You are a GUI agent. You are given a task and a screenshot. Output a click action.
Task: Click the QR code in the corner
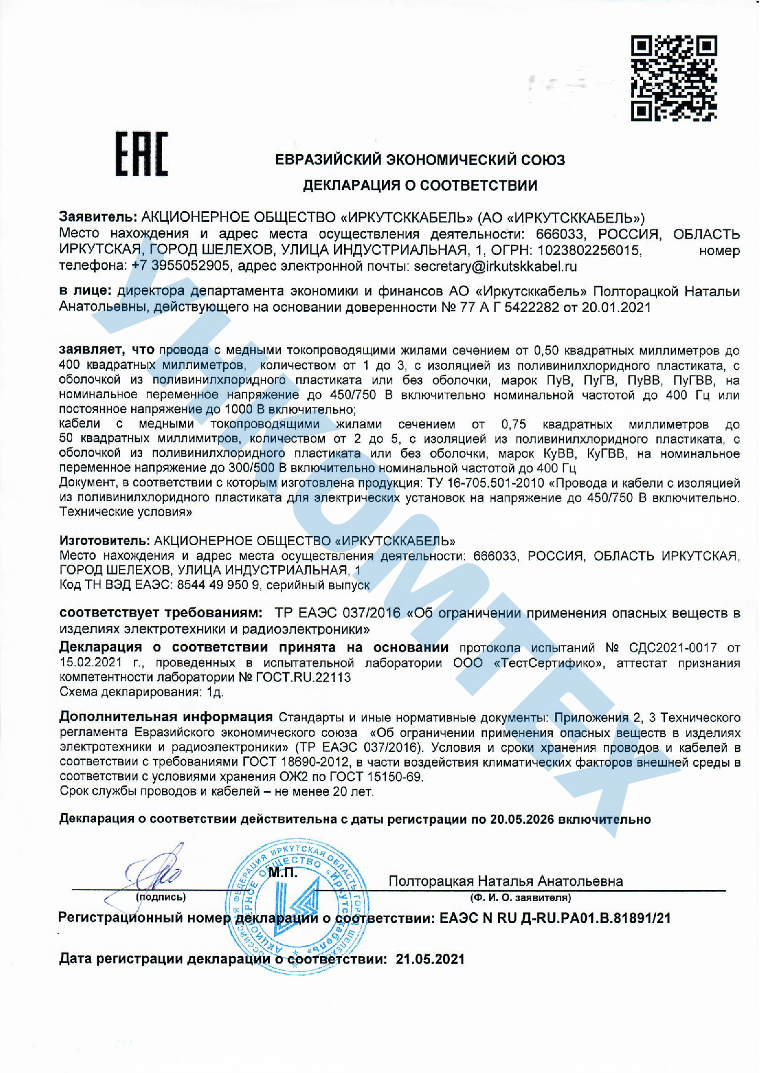(673, 78)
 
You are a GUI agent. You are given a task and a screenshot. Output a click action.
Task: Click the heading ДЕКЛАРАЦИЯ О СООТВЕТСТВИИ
(420, 185)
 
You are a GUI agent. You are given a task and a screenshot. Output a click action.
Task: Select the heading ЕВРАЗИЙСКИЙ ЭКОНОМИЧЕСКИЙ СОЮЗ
(420, 160)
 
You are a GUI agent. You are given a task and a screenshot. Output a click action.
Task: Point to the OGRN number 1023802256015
(589, 250)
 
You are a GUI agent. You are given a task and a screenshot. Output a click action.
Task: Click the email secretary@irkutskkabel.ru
(495, 267)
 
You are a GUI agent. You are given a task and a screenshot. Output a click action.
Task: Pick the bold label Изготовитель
(104, 541)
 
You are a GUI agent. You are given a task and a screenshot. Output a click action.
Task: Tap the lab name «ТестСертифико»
(549, 663)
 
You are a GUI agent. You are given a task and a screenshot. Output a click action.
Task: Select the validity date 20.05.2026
(521, 819)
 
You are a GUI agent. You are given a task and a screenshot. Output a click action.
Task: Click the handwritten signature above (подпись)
(156, 869)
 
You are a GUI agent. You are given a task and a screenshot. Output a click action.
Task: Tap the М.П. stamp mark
(283, 873)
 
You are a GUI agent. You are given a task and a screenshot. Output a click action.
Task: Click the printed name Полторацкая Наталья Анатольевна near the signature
(505, 881)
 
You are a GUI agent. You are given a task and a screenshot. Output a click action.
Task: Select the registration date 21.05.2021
(430, 959)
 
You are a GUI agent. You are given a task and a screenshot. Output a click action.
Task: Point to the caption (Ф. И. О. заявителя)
(520, 897)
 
